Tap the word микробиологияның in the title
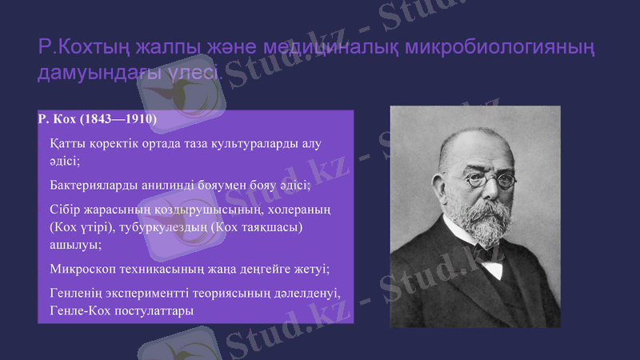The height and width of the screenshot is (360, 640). pyautogui.click(x=497, y=46)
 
